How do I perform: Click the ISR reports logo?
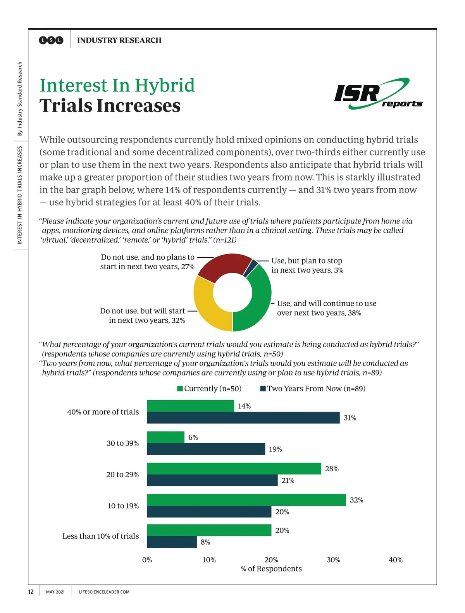coord(378,94)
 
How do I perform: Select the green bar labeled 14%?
coord(190,406)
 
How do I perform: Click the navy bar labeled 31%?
coord(243,418)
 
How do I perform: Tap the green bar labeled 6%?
coord(165,437)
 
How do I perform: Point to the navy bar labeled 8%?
coord(172,542)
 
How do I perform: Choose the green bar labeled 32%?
coord(246,500)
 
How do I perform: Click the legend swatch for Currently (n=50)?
coord(180,389)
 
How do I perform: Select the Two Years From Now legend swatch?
coord(263,389)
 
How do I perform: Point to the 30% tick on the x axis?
coord(333,560)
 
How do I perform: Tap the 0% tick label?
coord(147,560)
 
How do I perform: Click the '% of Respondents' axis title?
coord(271,569)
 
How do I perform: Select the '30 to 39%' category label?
coord(122,443)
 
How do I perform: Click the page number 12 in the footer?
coord(31,592)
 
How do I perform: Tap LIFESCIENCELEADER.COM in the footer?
coord(104,592)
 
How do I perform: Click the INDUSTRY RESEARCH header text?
coord(119,40)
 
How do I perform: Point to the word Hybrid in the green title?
coord(165,86)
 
